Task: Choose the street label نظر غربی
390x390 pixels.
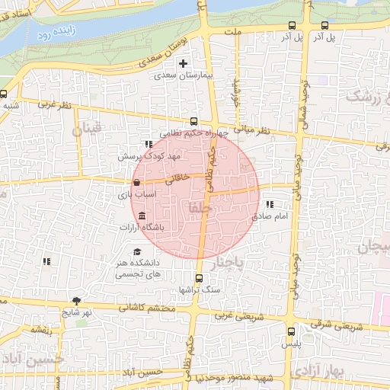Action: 56,105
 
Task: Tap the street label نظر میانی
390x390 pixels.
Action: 253,129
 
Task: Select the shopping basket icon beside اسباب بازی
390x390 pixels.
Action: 136,183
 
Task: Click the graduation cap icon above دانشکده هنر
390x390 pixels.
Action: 137,251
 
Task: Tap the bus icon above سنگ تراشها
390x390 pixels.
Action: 199,278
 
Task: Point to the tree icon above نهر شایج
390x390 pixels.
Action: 76,301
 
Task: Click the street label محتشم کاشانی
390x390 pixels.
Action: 149,308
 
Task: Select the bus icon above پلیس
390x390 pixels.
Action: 291,331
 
